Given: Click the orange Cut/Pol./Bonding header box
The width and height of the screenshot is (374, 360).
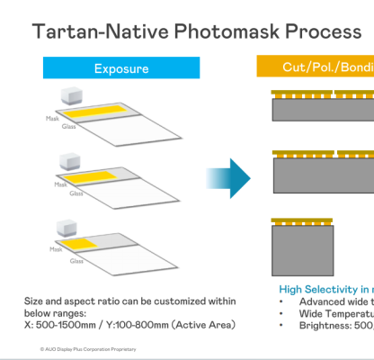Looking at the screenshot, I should pyautogui.click(x=315, y=68).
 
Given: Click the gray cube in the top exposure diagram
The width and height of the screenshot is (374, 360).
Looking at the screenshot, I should pyautogui.click(x=73, y=96).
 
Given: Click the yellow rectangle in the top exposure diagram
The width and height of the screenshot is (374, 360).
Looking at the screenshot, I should pyautogui.click(x=103, y=113).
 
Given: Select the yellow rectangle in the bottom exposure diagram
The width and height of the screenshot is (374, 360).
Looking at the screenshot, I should pyautogui.click(x=87, y=244).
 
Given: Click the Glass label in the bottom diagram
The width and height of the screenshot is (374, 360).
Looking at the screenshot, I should pyautogui.click(x=76, y=261).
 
